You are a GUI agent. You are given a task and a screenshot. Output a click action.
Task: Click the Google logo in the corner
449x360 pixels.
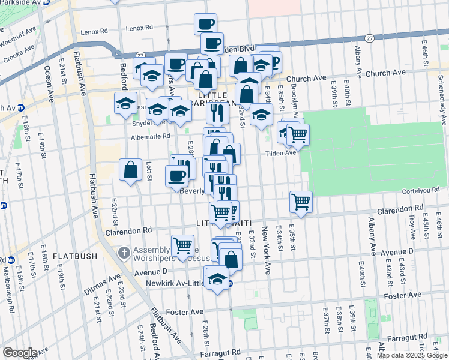[20, 353]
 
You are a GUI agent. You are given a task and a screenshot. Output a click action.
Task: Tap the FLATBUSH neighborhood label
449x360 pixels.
[74, 256]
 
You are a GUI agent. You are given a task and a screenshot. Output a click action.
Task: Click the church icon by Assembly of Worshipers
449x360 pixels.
[124, 252]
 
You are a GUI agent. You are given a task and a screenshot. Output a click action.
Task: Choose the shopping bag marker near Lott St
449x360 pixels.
[130, 170]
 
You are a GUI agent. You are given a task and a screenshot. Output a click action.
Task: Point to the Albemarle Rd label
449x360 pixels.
[151, 137]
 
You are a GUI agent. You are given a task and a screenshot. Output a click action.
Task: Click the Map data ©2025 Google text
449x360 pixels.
[412, 355]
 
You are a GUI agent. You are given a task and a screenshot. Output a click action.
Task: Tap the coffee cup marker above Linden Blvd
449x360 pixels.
[205, 24]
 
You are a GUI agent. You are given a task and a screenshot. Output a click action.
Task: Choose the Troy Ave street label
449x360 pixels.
[412, 219]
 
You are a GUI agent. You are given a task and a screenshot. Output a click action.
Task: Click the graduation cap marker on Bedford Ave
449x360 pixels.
[125, 103]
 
